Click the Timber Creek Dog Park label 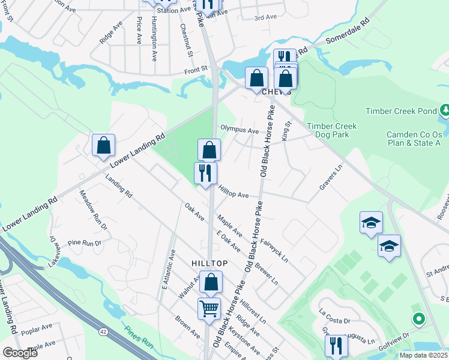(332, 131)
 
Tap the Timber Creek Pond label (400, 111)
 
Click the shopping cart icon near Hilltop (209, 309)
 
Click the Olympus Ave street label (239, 129)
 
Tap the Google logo (20, 352)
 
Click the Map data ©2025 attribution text (423, 355)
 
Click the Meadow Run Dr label (93, 210)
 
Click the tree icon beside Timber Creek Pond (445, 110)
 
